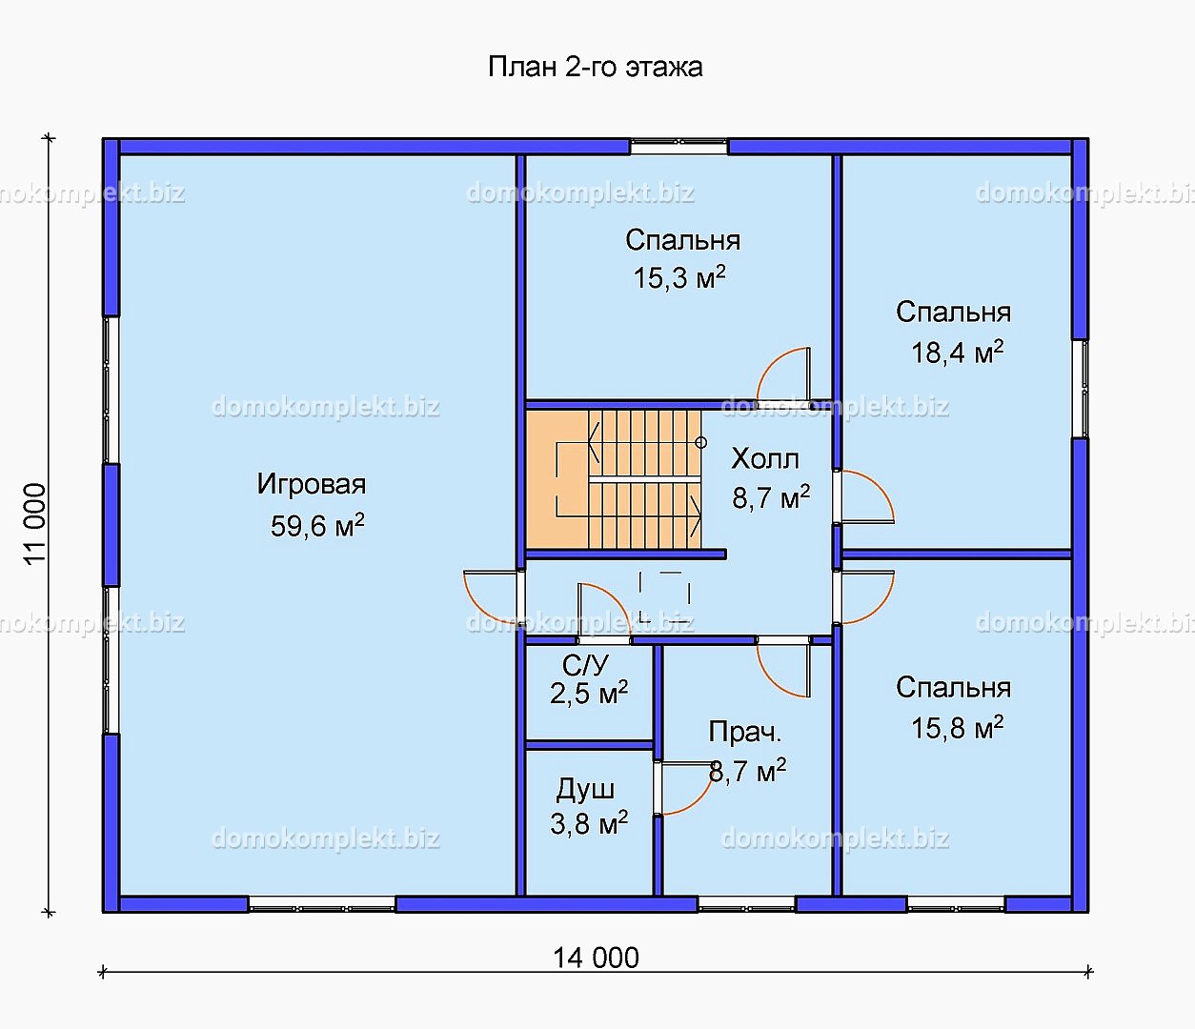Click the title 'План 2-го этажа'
pos(596,67)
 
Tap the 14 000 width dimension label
pos(596,958)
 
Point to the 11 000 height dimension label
pos(34,524)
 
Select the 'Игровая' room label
pos(312,484)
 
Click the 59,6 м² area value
pos(317,526)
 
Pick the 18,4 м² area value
pos(958,352)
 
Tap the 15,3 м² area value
pos(679,277)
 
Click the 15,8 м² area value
pos(958,727)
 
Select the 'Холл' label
pos(765,458)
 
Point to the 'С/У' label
pos(585,665)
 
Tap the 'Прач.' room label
pos(745,732)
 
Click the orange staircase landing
pos(557,479)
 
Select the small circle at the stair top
pos(701,443)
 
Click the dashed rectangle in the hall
pos(664,596)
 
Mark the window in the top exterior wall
pos(679,147)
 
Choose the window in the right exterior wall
pos(1081,388)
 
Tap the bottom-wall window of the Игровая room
pos(322,904)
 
